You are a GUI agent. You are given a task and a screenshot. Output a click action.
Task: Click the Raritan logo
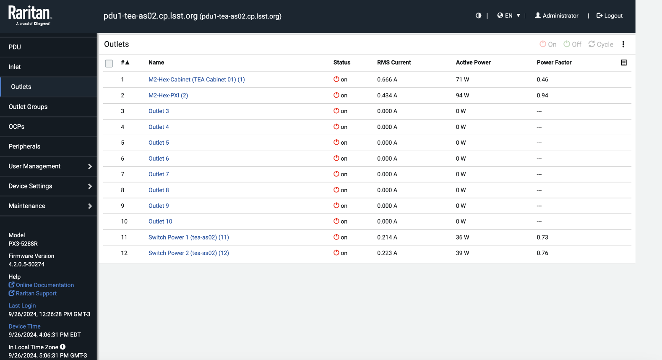tap(30, 16)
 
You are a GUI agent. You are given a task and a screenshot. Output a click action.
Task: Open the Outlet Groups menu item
tap(28, 107)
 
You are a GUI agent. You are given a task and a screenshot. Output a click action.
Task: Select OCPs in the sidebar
tap(17, 126)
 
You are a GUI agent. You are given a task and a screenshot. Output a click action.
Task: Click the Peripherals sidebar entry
tap(25, 146)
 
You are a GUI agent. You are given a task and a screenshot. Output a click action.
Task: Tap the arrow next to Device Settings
tap(90, 186)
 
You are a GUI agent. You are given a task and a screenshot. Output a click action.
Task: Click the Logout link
tap(610, 16)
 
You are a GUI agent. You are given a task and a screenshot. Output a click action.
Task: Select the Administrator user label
tap(557, 16)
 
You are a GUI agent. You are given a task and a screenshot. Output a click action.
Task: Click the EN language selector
tap(508, 16)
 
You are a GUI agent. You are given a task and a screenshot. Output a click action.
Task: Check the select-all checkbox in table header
tap(109, 63)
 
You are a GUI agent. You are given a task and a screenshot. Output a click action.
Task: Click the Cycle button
tap(601, 44)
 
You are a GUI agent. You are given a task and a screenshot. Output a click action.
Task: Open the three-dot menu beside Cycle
tap(623, 44)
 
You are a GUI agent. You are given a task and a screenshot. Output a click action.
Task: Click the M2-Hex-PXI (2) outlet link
tap(168, 95)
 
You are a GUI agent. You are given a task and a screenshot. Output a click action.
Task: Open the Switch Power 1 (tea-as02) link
tap(188, 237)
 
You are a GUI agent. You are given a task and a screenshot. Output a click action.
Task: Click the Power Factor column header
tap(554, 63)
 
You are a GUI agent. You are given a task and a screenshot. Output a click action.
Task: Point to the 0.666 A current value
tap(387, 79)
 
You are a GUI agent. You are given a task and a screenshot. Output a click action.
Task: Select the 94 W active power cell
tap(462, 95)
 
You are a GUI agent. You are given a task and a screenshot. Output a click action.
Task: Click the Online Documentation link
tap(44, 285)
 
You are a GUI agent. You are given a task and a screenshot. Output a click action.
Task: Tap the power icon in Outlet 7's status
tap(336, 174)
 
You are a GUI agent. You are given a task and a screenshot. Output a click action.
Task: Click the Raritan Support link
tap(36, 293)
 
